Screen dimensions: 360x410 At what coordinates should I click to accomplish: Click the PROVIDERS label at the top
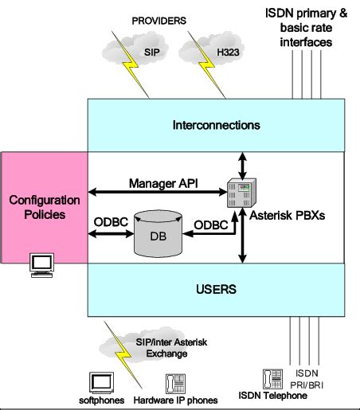click(159, 21)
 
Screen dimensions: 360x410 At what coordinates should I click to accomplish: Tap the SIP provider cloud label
click(152, 53)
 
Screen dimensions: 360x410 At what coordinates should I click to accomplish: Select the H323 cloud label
click(228, 53)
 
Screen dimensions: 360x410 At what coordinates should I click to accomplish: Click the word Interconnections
click(216, 125)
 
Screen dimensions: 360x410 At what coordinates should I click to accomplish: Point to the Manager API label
click(163, 183)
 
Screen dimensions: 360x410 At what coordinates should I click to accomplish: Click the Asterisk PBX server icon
click(241, 193)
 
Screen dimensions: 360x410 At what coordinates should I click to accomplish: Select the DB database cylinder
click(158, 234)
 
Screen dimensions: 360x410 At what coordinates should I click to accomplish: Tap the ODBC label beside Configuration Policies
click(111, 222)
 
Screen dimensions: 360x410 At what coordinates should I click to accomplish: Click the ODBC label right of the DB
click(211, 225)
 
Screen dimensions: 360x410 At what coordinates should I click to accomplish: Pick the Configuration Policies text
click(45, 207)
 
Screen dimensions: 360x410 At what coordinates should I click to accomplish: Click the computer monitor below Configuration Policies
click(42, 265)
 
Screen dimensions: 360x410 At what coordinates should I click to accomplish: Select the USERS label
click(216, 289)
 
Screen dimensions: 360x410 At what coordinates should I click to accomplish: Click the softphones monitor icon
click(101, 383)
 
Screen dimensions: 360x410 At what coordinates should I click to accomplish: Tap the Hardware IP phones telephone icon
click(175, 384)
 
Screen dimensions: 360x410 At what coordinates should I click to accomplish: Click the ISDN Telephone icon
click(272, 379)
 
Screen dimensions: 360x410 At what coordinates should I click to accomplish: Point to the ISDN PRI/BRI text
click(307, 379)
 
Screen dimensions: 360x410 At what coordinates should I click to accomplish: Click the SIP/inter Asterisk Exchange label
click(171, 348)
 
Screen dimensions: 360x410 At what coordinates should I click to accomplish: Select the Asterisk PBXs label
click(288, 216)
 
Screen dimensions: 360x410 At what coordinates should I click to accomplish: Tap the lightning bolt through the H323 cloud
click(206, 64)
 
